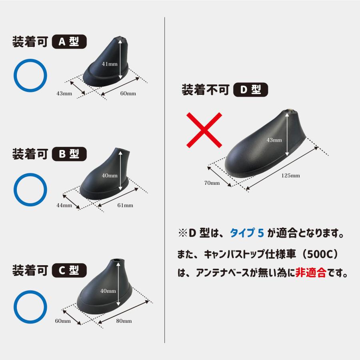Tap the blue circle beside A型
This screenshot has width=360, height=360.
coord(30,76)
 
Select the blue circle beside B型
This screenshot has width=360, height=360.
coord(30,189)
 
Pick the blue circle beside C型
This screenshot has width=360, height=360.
coord(30,307)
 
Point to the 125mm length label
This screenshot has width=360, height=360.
coord(290,175)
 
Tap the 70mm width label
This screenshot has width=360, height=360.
coord(212,183)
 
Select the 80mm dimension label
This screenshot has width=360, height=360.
coord(124,321)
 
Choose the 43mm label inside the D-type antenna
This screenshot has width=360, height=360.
coord(274,140)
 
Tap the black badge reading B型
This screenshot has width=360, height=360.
coord(69,154)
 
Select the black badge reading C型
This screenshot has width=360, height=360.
coord(69,270)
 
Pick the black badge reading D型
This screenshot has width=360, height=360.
coord(250,90)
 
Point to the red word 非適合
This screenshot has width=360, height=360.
coord(310,274)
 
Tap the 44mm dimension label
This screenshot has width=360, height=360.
coord(64,206)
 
